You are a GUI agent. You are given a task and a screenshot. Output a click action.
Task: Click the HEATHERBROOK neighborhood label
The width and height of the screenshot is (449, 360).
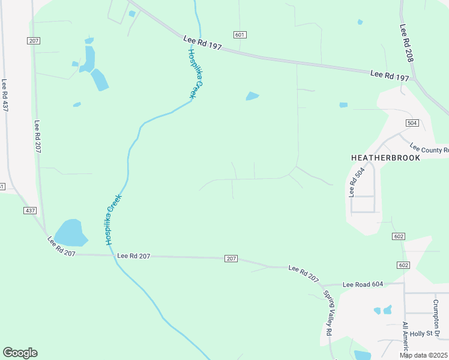coord(385,157)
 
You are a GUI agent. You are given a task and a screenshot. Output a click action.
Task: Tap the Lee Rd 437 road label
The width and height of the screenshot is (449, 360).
coord(5,96)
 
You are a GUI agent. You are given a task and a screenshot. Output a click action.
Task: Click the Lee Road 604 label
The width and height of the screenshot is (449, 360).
coord(362,284)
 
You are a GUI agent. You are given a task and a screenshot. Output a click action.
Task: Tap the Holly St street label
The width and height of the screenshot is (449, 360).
coord(429,334)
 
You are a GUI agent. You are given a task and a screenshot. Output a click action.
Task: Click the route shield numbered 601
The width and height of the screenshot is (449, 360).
coord(240,35)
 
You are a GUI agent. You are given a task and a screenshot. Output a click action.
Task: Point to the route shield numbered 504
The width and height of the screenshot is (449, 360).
coord(411,123)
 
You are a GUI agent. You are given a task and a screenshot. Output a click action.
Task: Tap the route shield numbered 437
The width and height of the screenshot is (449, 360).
coord(30,211)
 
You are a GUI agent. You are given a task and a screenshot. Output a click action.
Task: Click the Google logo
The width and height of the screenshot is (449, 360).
coord(20,353)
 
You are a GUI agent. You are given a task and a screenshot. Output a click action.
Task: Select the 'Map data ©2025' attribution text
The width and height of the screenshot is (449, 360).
coord(423,355)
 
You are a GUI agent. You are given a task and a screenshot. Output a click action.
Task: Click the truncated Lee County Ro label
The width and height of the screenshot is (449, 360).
coord(429,148)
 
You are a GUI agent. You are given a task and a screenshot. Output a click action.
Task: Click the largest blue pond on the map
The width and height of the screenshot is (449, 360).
coord(70,233)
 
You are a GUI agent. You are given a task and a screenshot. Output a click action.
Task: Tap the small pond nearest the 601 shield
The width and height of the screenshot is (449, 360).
coord(252,96)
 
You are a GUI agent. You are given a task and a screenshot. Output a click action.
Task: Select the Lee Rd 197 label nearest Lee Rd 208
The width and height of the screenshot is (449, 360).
coord(390,75)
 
